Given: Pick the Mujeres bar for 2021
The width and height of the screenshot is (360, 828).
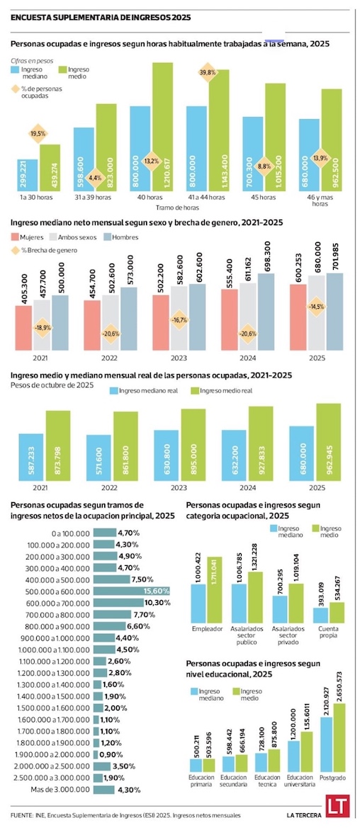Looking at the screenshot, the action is coord(23,328).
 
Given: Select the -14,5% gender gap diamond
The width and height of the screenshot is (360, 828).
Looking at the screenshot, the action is coord(317,307).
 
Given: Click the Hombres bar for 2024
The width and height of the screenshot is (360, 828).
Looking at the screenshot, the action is coord(267,312).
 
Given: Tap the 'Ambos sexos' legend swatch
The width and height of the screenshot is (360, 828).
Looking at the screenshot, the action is coord(54,237).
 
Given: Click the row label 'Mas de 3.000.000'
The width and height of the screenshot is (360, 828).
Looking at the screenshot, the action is coord(62,790).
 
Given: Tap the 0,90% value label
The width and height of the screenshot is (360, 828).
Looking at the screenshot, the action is coord(113,754).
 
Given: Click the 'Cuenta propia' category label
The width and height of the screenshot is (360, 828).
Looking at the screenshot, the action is coord(329,633).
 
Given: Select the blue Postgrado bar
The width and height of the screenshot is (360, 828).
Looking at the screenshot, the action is coord(326,745).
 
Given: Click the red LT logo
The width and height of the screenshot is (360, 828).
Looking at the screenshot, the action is coord(336,811).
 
